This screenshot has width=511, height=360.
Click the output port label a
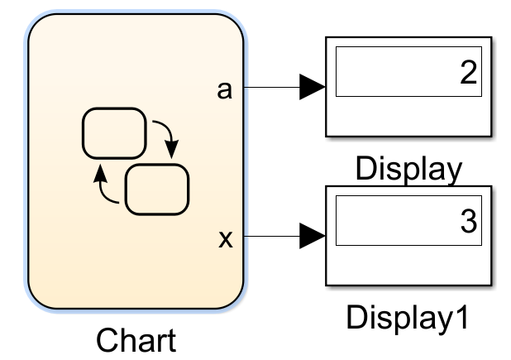(225, 90)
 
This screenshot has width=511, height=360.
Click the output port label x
(226, 239)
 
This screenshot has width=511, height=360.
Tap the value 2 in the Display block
(469, 72)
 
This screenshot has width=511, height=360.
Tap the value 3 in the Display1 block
(469, 221)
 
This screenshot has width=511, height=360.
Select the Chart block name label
(136, 340)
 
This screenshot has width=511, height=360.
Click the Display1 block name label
(408, 317)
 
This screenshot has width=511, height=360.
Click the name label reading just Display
(408, 168)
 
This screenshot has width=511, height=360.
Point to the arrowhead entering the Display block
(313, 87)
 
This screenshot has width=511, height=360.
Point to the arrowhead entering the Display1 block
(313, 236)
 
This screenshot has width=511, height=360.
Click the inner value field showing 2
(408, 71)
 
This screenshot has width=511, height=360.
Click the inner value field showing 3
(408, 220)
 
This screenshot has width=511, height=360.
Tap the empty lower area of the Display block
(408, 116)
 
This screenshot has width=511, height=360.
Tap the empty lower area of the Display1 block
(408, 265)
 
